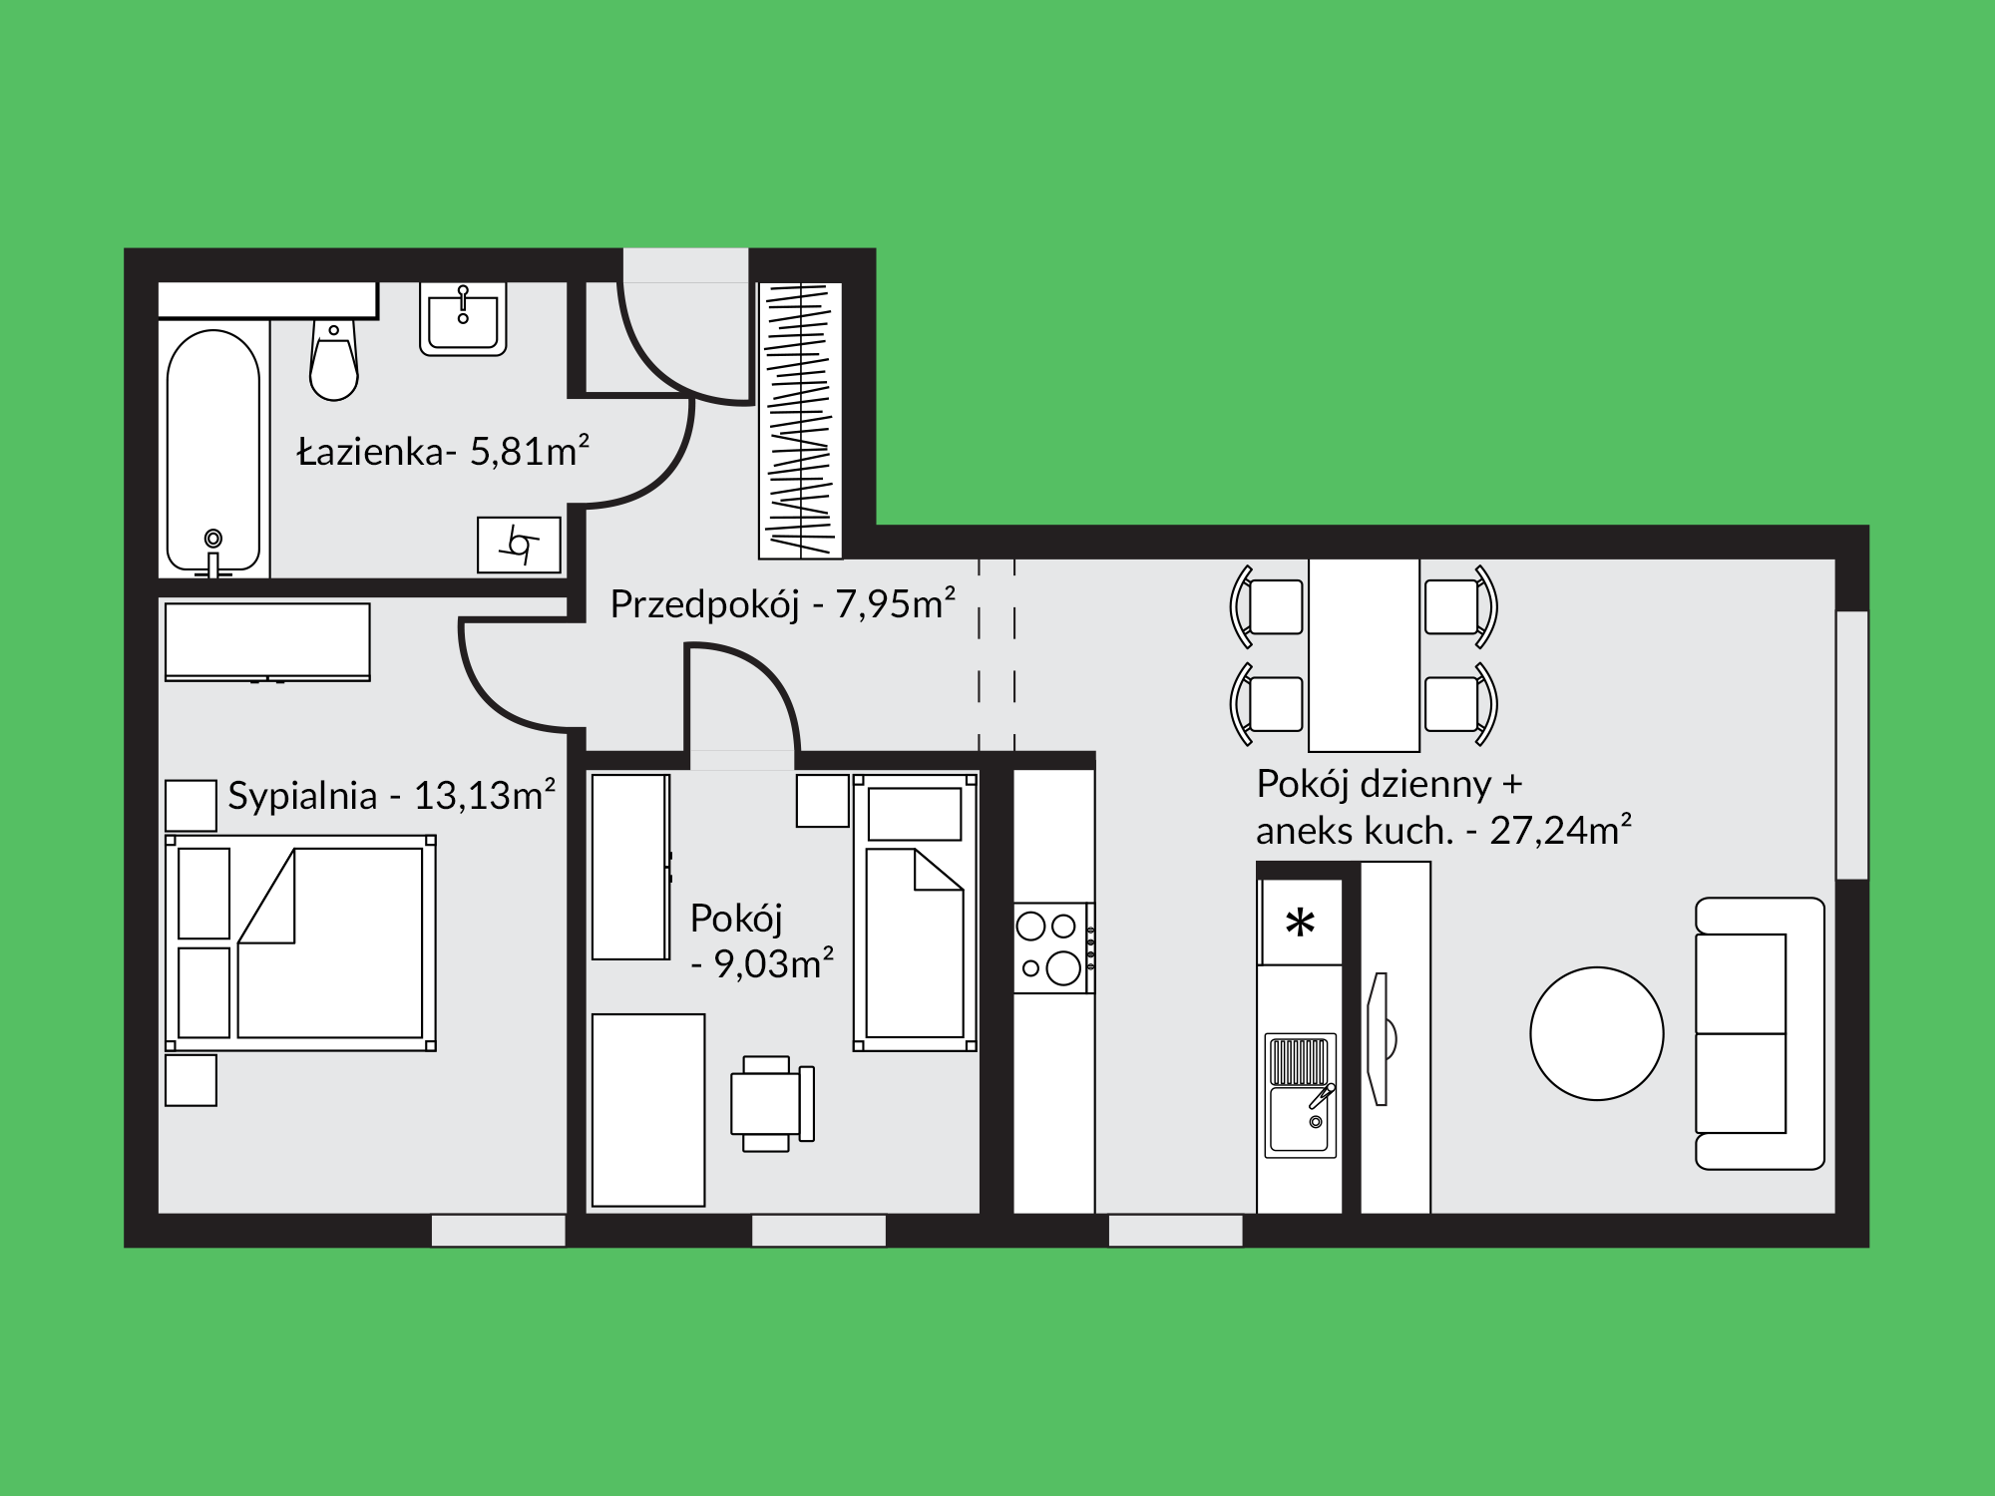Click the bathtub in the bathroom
(x=213, y=452)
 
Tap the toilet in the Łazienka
(x=333, y=359)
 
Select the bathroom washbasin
(x=463, y=318)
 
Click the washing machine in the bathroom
(x=519, y=545)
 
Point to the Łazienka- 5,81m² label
(x=444, y=452)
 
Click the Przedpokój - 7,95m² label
(x=783, y=603)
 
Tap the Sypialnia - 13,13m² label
(x=391, y=795)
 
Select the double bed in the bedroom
(x=300, y=942)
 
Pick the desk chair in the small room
(x=773, y=1103)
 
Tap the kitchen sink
(x=1301, y=1095)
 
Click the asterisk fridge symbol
(x=1300, y=924)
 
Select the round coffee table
(x=1597, y=1033)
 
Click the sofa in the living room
(x=1760, y=1033)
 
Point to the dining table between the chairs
(x=1364, y=655)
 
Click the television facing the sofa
(x=1381, y=1038)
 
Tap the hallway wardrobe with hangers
(x=800, y=420)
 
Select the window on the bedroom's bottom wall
(x=499, y=1230)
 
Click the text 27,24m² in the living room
(x=1561, y=830)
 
